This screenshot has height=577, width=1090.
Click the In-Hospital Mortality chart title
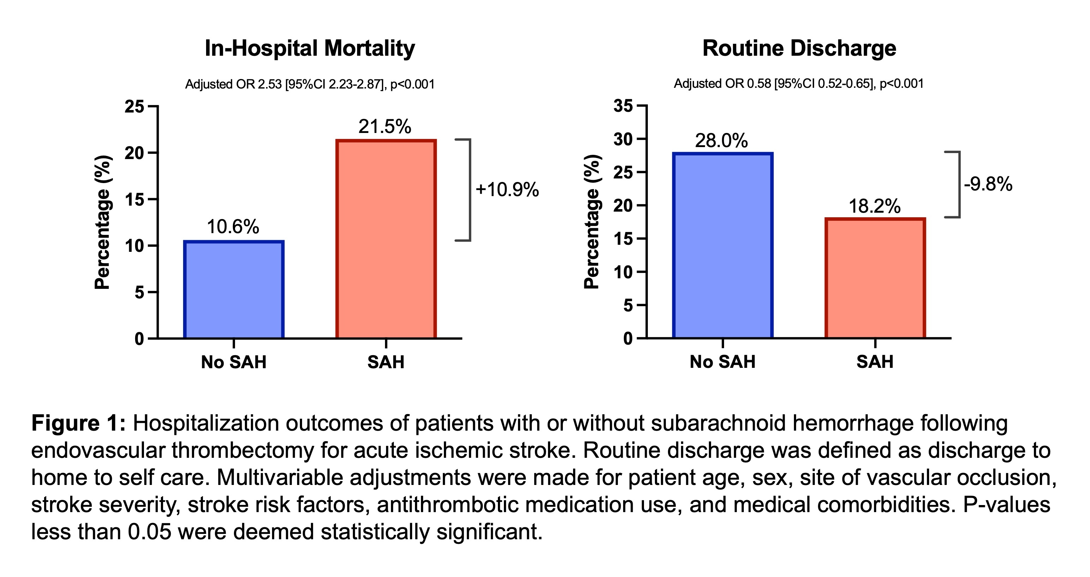310,48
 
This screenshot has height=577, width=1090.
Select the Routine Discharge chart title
799,48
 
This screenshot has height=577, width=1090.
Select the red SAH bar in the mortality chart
386,239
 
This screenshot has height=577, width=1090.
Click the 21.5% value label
385,127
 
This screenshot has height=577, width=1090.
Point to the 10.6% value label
233,227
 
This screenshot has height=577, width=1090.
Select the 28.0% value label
722,140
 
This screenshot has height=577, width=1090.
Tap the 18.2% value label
875,206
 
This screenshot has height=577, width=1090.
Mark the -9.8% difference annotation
988,184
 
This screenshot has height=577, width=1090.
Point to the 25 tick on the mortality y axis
134,107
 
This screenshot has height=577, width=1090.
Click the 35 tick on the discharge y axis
623,106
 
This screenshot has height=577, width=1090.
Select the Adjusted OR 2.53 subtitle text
310,84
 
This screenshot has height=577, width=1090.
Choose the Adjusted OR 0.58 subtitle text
799,83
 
